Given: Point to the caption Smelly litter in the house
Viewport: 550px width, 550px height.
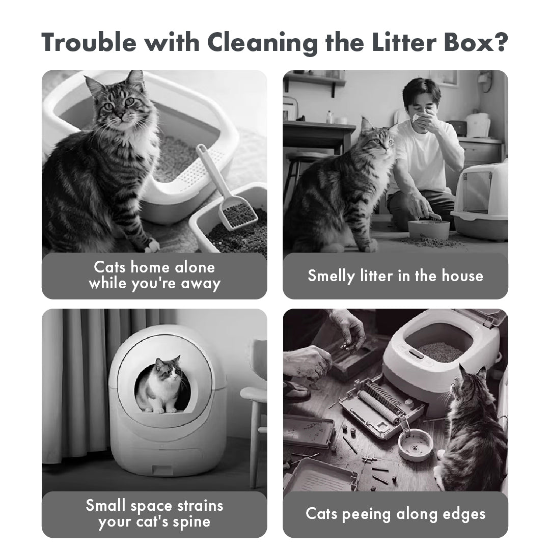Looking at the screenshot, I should pos(395,276).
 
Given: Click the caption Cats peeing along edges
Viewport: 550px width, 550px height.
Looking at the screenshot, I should pos(395,514).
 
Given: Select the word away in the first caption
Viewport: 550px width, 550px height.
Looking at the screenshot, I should pos(201,283).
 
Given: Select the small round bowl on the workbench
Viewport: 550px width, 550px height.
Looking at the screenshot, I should pos(415,443).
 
